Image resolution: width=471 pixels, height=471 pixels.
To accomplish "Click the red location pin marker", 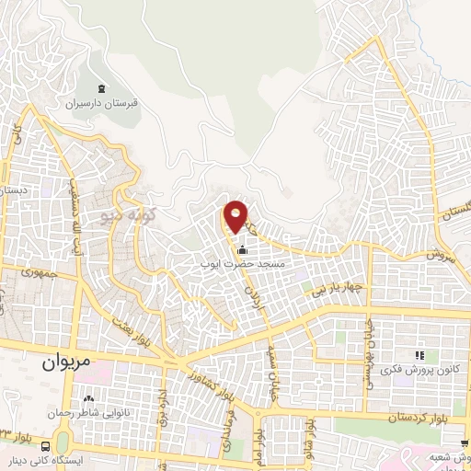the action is [x=235, y=216].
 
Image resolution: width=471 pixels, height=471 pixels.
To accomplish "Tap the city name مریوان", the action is [x=68, y=362].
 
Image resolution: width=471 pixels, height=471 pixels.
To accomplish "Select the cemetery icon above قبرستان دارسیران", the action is [x=102, y=89].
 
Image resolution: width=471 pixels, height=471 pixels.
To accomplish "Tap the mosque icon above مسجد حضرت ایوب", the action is [x=242, y=250].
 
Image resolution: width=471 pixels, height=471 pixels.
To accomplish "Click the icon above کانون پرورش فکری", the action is [x=419, y=355].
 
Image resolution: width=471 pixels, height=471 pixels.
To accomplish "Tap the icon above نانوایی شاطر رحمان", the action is [x=89, y=399].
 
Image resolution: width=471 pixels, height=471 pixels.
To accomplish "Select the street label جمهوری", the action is [x=40, y=274].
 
